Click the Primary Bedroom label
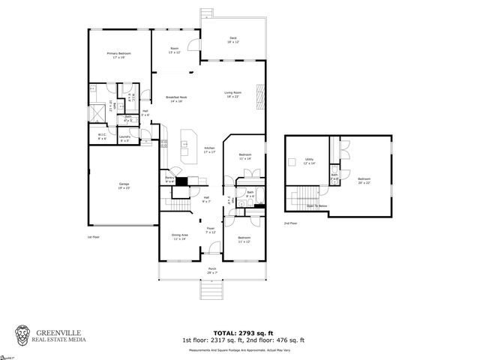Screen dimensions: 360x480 pos(118,55)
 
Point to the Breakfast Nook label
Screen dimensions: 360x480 pos(176,99)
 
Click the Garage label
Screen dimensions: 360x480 pos(123,184)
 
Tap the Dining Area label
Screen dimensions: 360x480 pos(179,236)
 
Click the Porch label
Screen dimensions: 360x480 pos(212,270)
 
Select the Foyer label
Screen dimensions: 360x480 pos(211,230)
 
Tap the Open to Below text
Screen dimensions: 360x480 pos(316,205)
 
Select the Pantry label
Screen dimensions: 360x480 pos(169,179)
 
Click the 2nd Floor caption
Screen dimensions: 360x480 pos(290,223)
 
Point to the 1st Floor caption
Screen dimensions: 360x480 pos(94,236)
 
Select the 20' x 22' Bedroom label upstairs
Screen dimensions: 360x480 pos(365,180)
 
